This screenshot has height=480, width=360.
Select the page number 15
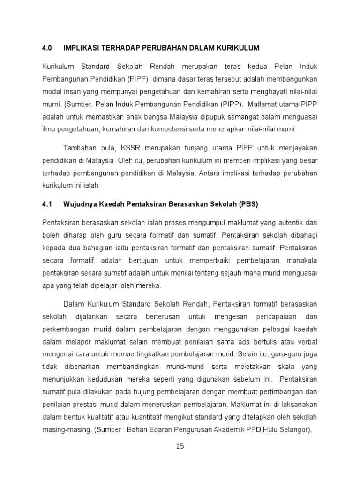point(180,446)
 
